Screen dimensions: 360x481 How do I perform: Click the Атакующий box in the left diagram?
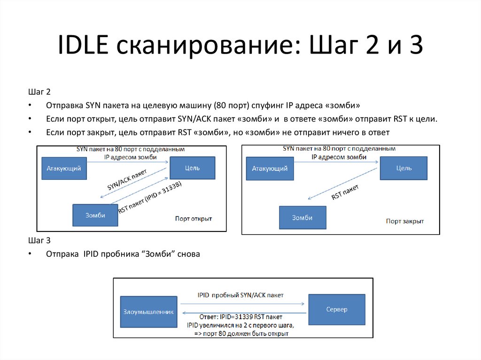[x=64, y=168]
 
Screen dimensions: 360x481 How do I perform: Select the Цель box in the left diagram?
[x=192, y=168]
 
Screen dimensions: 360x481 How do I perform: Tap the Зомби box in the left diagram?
[x=95, y=215]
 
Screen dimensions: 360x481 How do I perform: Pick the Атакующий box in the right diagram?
[x=270, y=168]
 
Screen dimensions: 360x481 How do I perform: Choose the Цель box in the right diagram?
[x=403, y=168]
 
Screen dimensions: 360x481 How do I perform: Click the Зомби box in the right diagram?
[x=302, y=218]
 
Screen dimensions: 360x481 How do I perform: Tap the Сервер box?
[x=336, y=309]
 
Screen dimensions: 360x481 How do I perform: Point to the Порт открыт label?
[x=194, y=218]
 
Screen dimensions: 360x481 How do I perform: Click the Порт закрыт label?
[x=404, y=221]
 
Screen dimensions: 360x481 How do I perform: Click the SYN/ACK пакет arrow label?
[x=127, y=179]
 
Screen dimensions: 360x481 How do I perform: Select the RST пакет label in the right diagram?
[x=345, y=192]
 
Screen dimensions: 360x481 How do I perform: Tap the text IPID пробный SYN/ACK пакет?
[x=240, y=295]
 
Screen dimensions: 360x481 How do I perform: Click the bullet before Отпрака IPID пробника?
[x=30, y=254]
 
